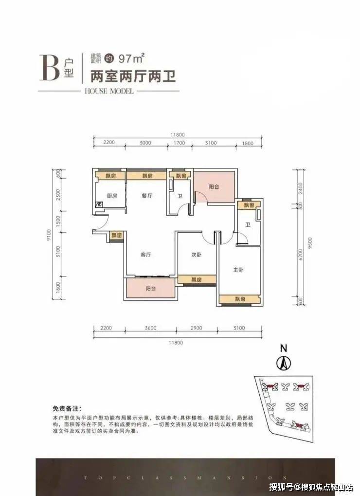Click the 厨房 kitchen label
112,196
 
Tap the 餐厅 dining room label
147,196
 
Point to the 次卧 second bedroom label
196,255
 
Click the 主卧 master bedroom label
238,270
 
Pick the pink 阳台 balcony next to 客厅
151,289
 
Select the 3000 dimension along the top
145,143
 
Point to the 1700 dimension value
180,143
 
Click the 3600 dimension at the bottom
151,328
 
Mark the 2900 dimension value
196,328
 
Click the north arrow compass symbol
284,363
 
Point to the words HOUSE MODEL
109,91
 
